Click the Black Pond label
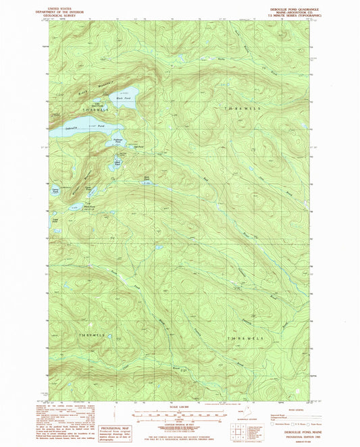[x=122, y=99]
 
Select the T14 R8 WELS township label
[x=242, y=338]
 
